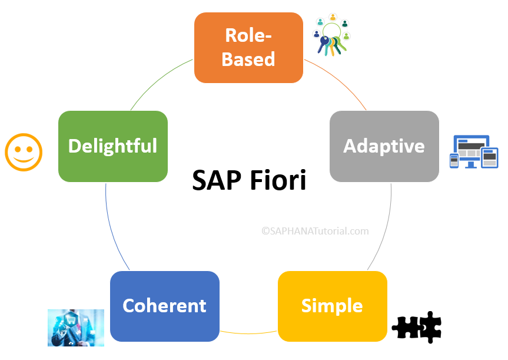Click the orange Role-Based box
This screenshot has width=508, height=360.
point(248,47)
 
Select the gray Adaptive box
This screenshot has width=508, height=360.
point(384,146)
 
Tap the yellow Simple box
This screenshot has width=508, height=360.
point(332,306)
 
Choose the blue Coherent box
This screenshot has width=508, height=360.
point(164,306)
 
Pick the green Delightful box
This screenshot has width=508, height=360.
point(112,146)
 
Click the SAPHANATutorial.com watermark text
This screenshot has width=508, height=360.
point(315,231)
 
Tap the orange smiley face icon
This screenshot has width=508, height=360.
point(24,152)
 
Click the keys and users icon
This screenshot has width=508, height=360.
point(332,35)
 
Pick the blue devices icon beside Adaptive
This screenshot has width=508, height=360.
point(474,152)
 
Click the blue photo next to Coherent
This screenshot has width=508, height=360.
point(76,328)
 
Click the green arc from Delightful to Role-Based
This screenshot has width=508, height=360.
point(157,82)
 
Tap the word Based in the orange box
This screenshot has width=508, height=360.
point(248,59)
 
